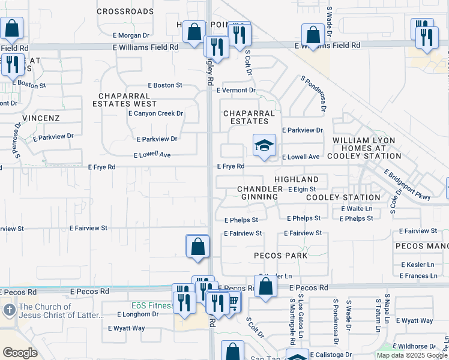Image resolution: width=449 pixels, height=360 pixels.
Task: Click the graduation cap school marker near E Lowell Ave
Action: pyautogui.click(x=264, y=146)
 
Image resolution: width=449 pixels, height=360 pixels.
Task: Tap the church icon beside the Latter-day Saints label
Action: pyautogui.click(x=8, y=310)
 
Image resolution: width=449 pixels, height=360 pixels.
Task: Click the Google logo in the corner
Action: pyautogui.click(x=20, y=353)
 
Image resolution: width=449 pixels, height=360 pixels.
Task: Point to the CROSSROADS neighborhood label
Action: pyautogui.click(x=125, y=11)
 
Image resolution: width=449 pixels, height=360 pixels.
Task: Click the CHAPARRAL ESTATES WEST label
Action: pyautogui.click(x=124, y=100)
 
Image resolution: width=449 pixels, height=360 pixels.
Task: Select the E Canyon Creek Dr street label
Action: pyautogui.click(x=155, y=113)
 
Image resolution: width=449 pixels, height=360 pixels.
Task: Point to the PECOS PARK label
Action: pyautogui.click(x=281, y=256)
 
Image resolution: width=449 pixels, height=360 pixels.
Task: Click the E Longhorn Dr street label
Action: pyautogui.click(x=138, y=314)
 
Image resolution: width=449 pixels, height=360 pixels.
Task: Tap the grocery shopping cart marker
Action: pyautogui.click(x=232, y=302)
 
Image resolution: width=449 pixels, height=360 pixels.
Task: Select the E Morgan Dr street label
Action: pyautogui.click(x=130, y=35)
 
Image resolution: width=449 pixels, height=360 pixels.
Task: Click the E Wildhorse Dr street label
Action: pyautogui.click(x=415, y=346)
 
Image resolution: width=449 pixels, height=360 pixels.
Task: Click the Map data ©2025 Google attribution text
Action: pyautogui.click(x=412, y=355)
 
